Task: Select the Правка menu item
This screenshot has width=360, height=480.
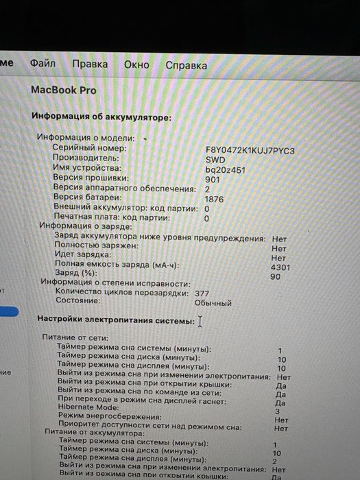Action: (x=90, y=64)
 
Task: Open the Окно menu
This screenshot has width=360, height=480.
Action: (x=136, y=64)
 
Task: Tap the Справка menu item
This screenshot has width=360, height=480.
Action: (x=186, y=65)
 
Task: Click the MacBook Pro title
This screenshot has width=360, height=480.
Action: (x=64, y=91)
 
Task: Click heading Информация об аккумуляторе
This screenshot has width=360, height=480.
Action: (x=101, y=117)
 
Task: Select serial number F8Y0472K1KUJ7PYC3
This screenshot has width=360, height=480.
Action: (x=250, y=149)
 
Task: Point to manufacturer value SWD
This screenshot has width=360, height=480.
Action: (x=215, y=158)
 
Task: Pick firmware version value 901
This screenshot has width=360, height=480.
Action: (x=213, y=179)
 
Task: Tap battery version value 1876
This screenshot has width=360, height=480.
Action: (x=215, y=199)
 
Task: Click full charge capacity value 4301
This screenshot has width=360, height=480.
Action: (x=281, y=267)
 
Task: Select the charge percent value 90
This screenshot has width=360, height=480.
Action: (x=276, y=277)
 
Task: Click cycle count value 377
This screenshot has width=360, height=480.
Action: (x=202, y=293)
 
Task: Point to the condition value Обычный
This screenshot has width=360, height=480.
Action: (x=213, y=302)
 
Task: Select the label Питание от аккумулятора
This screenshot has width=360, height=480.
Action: (x=94, y=433)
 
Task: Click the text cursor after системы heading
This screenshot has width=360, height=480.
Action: (x=200, y=321)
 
